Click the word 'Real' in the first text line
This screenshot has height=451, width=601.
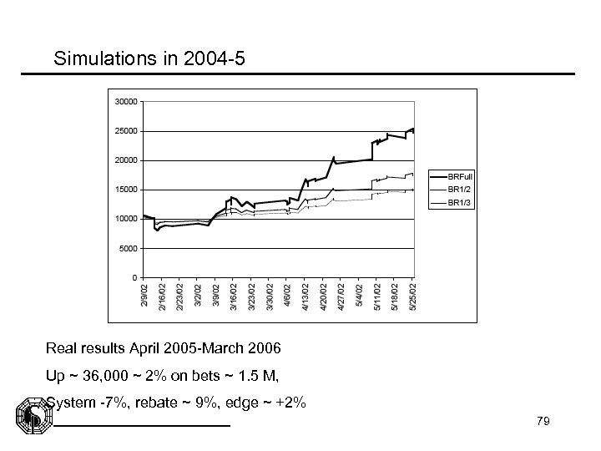coord(61,346)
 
